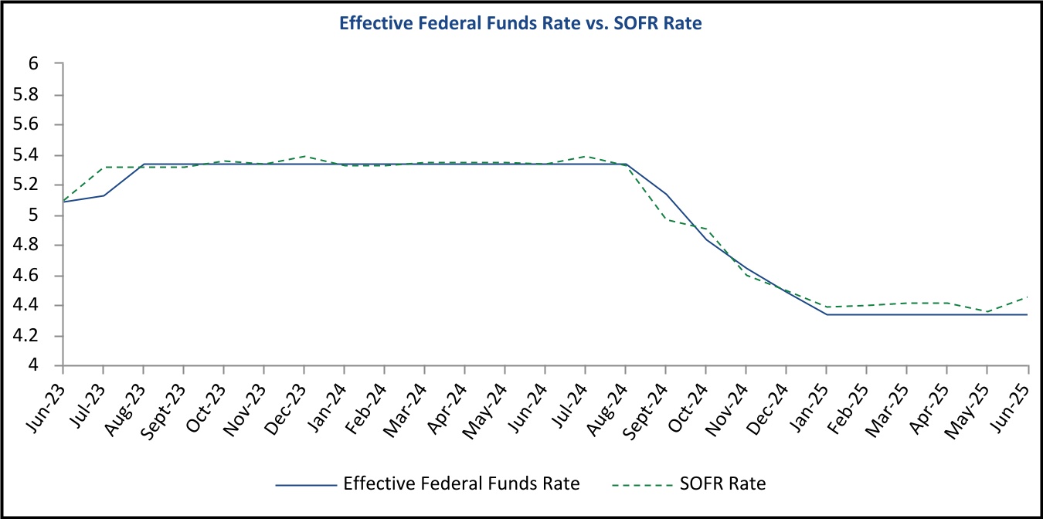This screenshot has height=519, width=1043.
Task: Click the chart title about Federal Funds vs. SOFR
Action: tap(521, 24)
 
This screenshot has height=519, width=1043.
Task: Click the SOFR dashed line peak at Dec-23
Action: tap(304, 156)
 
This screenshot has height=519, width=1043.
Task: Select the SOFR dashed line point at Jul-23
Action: tap(103, 167)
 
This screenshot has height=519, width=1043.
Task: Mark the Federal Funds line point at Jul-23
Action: tap(103, 195)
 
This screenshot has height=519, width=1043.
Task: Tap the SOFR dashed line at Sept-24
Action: tap(666, 219)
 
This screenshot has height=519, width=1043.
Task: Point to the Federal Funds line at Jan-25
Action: tap(827, 314)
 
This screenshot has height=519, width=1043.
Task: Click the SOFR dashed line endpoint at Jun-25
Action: tap(1028, 297)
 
